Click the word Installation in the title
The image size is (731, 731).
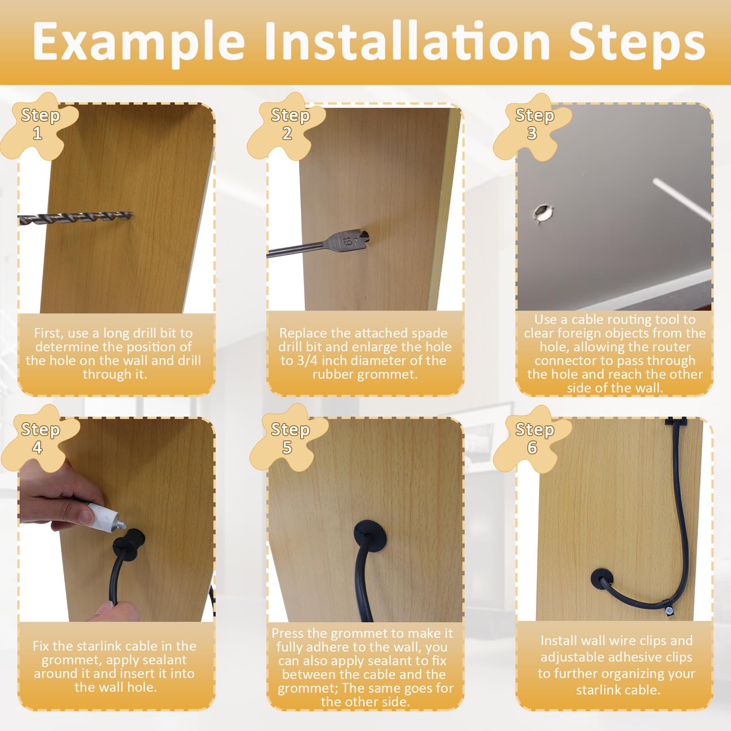(407, 42)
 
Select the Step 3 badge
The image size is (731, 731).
(534, 124)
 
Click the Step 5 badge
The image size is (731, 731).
(289, 439)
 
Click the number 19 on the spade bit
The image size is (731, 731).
(347, 241)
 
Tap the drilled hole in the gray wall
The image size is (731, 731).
(543, 212)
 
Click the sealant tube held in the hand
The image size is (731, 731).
(107, 518)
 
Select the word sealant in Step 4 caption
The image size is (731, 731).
(164, 660)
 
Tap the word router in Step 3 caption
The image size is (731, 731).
(673, 347)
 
